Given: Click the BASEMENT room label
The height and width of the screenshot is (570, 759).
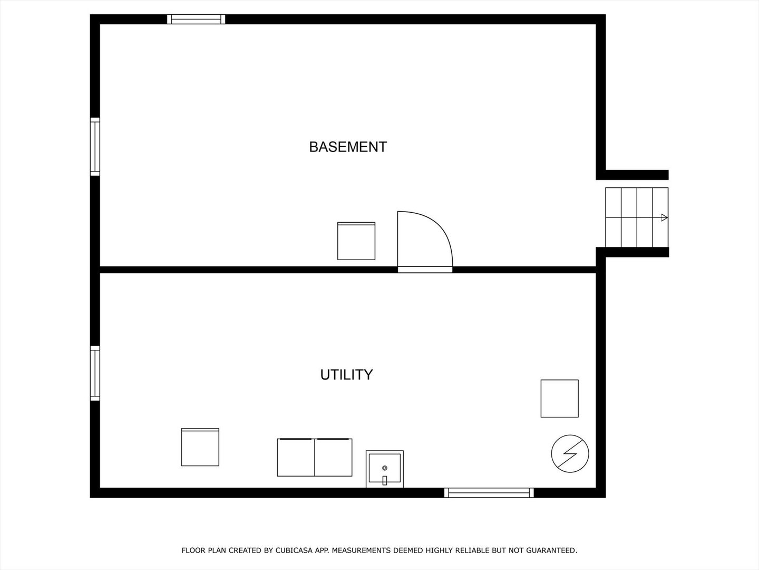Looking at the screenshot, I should pos(348,147).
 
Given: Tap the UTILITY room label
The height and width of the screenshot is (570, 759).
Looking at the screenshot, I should pos(346,375).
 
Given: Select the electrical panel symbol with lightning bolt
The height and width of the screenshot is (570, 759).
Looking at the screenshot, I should pos(570,453).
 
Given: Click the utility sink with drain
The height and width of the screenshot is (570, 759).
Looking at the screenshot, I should pos(385,469).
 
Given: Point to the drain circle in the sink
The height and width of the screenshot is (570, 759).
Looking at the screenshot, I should pos(385,468).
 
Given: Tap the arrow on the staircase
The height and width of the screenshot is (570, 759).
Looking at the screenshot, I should pos(664,217).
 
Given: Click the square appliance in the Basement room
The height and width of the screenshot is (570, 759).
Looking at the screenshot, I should pos(356,241).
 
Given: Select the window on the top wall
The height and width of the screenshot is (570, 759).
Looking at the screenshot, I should pos(196,20).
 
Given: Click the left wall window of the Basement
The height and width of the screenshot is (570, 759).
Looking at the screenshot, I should pos(95,146).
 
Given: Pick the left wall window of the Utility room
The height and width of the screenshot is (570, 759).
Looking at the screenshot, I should pos(95,373).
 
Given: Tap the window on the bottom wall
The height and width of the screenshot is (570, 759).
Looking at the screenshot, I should pos(489,493).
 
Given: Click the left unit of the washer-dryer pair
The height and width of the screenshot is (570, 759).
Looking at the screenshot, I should pos(296,457).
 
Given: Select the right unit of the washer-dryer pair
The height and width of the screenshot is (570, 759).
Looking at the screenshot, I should pos(334,457).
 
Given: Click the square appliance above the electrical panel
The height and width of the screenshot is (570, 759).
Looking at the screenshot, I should pos(559,398).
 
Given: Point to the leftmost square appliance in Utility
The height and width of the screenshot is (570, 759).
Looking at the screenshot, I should pos(200,447).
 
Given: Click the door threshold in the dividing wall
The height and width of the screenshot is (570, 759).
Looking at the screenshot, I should pos(425,270).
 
